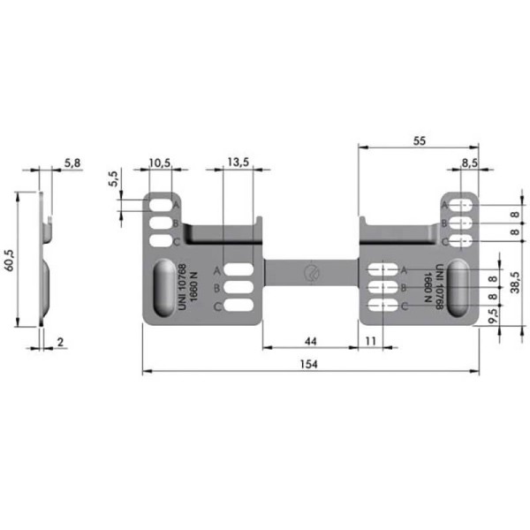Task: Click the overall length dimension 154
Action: (x=309, y=364)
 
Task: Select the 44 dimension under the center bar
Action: (x=311, y=341)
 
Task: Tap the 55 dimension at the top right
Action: (x=419, y=141)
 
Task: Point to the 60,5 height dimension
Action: (x=10, y=260)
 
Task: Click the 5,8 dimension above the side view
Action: (x=72, y=163)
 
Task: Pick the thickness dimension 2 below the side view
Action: (x=60, y=342)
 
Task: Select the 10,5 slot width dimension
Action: (x=160, y=163)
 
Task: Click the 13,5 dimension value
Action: (x=238, y=163)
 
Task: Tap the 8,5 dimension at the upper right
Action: (x=470, y=163)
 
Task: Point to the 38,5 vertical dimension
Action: (x=515, y=283)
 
